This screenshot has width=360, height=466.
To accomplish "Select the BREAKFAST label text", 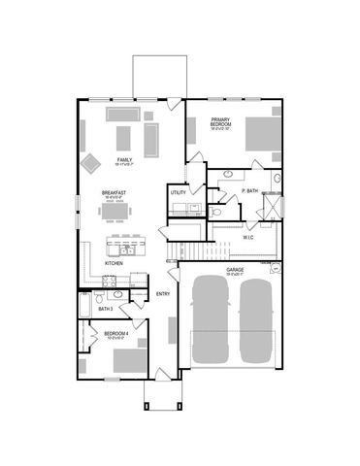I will pos(115,193).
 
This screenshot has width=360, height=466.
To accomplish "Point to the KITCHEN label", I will pos(114,263).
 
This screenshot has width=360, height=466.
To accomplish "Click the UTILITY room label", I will pos(178,193).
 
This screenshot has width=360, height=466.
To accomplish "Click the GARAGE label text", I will pos(235,269).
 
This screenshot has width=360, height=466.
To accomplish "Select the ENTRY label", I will pos(163,293).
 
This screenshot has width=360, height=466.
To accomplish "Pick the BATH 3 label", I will pos(106,309).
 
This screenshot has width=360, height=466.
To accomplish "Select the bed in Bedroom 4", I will pos(127,361).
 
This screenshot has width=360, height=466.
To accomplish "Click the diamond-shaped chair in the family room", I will pos(91,162).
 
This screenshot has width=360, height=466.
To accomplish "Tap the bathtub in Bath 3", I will pos(85,308).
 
